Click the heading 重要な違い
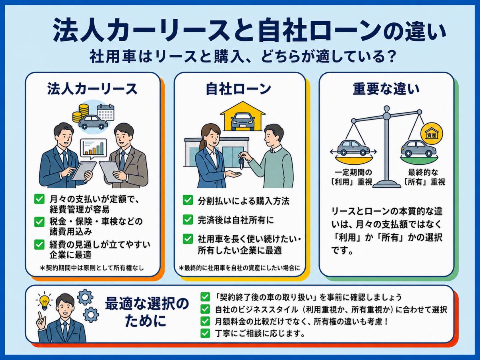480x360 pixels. pyautogui.click(x=386, y=89)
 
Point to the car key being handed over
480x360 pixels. pyautogui.click(x=241, y=161)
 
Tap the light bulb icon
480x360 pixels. pyautogui.click(x=44, y=302)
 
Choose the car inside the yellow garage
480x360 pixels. pyautogui.click(x=243, y=121)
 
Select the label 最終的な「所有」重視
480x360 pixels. pyautogui.click(x=423, y=177)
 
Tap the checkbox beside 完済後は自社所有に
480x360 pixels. pyautogui.click(x=188, y=220)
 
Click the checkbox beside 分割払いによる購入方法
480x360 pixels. pyautogui.click(x=188, y=200)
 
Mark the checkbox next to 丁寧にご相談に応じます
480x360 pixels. pyautogui.click(x=205, y=333)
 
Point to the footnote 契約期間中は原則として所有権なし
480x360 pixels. pyautogui.click(x=92, y=268)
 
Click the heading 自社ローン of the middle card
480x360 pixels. pyautogui.click(x=238, y=89)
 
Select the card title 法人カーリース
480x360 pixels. pyautogui.click(x=92, y=89)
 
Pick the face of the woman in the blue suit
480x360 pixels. pyautogui.click(x=212, y=136)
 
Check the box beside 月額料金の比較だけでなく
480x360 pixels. pyautogui.click(x=205, y=321)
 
